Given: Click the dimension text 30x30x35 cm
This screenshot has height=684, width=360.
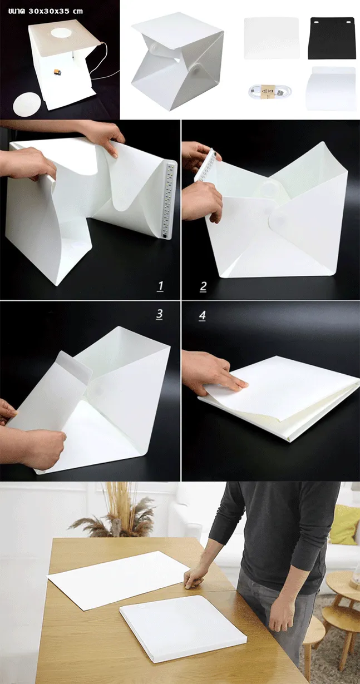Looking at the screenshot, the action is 55,11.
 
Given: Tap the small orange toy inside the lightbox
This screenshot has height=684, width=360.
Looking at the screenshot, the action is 57,72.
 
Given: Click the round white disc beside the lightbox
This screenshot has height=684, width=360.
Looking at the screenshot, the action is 27,105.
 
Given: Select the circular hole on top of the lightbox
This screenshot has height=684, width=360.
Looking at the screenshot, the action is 61,33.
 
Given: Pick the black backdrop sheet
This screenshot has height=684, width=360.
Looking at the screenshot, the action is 332,38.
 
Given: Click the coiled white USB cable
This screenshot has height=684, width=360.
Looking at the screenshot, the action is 269,91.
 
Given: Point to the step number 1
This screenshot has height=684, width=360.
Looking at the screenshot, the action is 160,286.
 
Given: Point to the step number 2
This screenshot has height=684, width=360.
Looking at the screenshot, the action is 203,286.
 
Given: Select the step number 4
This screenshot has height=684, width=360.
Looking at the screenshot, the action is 203,315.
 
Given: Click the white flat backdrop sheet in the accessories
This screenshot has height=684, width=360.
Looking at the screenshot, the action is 272,38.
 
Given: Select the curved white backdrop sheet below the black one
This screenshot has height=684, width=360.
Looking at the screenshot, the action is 331,88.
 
